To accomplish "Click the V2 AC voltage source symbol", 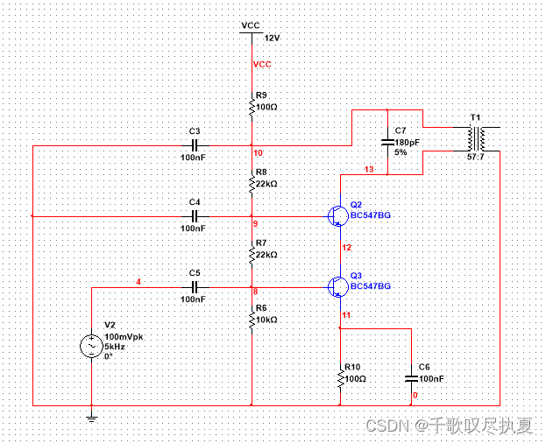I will pyautogui.click(x=91, y=347).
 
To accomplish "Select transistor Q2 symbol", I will pyautogui.click(x=337, y=215).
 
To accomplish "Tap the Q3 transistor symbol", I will pyautogui.click(x=337, y=286).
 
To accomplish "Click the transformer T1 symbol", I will pyautogui.click(x=476, y=138).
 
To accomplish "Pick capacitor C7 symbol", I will pyautogui.click(x=386, y=141).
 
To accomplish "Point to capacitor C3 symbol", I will pyautogui.click(x=195, y=144).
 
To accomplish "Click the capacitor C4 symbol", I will pyautogui.click(x=195, y=215).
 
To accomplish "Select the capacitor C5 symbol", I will pyautogui.click(x=195, y=286).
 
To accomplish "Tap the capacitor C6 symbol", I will pyautogui.click(x=410, y=378).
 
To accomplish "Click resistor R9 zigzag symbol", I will pyautogui.click(x=252, y=108).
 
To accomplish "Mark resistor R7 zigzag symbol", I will pyautogui.click(x=252, y=254).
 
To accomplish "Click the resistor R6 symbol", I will pyautogui.click(x=252, y=320).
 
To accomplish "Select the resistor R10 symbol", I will pyautogui.click(x=339, y=378).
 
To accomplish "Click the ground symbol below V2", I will pyautogui.click(x=91, y=418).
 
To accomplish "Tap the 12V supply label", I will pyautogui.click(x=272, y=39).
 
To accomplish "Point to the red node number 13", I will pyautogui.click(x=368, y=169).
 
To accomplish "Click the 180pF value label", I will pyautogui.click(x=408, y=141).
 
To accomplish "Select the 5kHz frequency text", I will pyautogui.click(x=114, y=347).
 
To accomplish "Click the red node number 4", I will pyautogui.click(x=137, y=281).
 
